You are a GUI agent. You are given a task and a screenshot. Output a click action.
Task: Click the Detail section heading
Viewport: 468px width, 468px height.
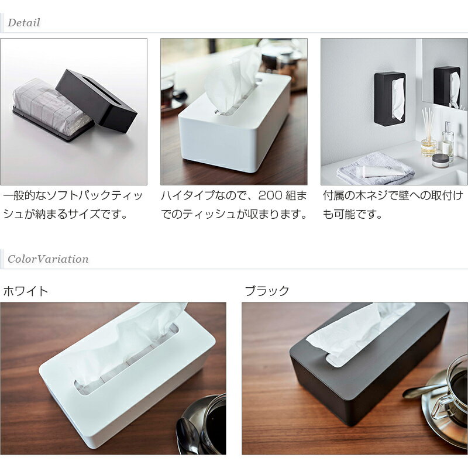click(24, 23)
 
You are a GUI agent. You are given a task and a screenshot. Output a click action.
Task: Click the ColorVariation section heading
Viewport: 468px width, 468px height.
click(48, 259)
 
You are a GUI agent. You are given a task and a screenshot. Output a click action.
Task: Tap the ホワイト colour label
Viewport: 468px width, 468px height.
click(26, 291)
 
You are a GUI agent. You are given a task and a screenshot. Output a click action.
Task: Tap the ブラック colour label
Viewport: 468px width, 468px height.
click(267, 291)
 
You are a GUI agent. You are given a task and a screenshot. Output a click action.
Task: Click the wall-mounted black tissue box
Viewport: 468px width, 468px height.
click(389, 99)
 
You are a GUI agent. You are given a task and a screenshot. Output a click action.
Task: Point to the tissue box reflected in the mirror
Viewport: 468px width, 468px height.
click(447, 87)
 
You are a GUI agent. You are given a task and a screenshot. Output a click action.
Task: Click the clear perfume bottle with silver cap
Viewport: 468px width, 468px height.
click(448, 141)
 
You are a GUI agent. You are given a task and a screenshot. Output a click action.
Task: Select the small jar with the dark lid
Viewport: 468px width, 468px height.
click(441, 160)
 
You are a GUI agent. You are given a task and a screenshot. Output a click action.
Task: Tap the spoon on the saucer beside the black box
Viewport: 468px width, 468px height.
click(421, 391)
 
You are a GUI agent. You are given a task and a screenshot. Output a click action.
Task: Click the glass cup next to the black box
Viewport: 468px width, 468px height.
click(455, 386)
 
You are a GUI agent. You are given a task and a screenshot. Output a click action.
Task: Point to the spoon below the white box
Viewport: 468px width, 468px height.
click(189, 436)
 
